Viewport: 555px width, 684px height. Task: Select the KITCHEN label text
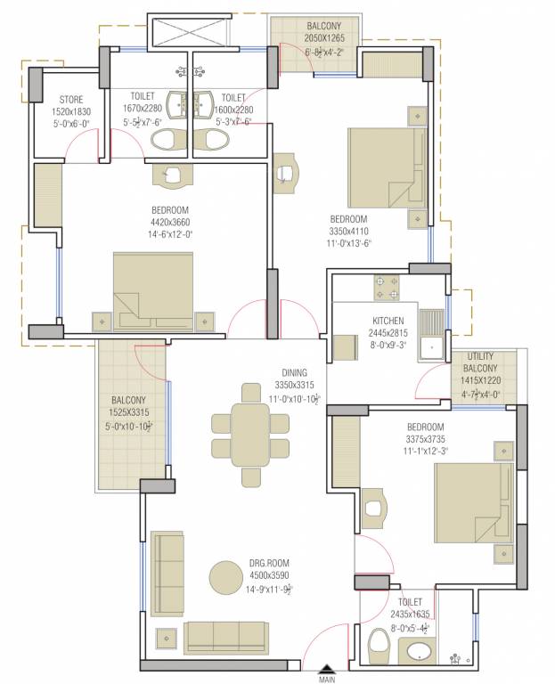tap(388, 321)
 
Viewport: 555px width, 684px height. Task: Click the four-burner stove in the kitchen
tap(386, 287)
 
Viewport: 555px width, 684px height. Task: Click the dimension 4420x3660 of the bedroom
tap(171, 223)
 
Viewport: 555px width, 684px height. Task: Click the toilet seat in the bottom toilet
tap(377, 647)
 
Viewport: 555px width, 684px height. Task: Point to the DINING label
tap(293, 372)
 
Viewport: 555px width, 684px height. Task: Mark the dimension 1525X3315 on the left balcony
tap(132, 412)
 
